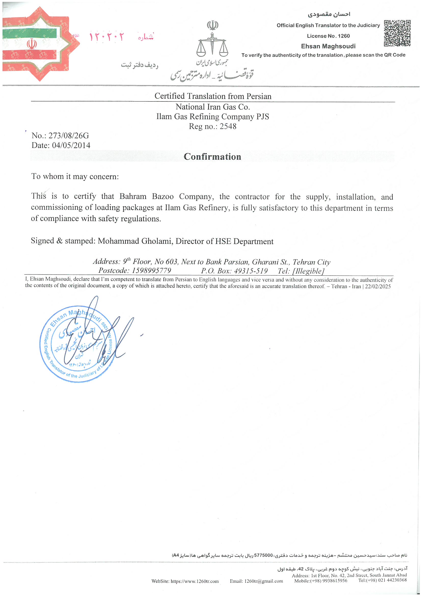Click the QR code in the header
397,33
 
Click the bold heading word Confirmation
212,157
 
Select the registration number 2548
228,126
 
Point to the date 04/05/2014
71,145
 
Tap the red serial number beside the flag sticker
107,37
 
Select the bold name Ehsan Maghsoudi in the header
328,46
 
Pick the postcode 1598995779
152,270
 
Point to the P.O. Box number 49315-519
251,271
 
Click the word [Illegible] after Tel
308,271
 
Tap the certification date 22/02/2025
378,286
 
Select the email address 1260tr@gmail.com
264,581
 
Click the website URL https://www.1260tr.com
194,581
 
